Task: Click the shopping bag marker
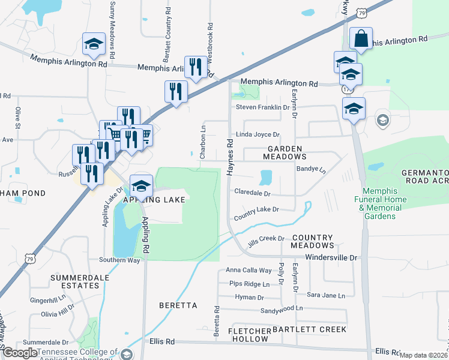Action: pos(361,39)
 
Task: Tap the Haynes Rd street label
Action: pos(229,157)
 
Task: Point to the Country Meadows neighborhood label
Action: pos(312,241)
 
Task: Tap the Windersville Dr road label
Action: pos(331,257)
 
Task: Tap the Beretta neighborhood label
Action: pos(178,305)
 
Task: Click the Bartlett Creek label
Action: pos(309,329)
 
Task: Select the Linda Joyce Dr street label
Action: pos(258,135)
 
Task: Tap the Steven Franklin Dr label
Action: pos(262,107)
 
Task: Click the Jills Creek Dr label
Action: pos(266,239)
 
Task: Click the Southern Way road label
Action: pos(119,260)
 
